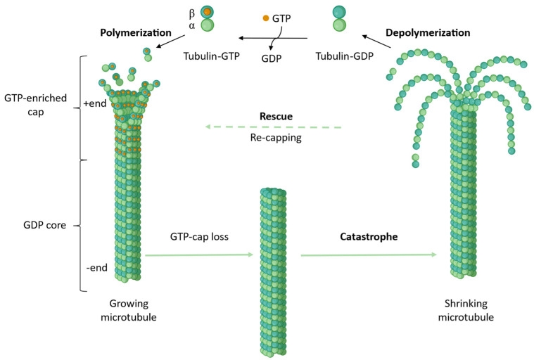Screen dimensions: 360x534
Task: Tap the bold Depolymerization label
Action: pyautogui.click(x=428, y=32)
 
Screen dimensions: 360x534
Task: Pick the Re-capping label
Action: pyautogui.click(x=275, y=137)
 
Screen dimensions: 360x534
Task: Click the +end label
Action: pyautogui.click(x=94, y=103)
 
